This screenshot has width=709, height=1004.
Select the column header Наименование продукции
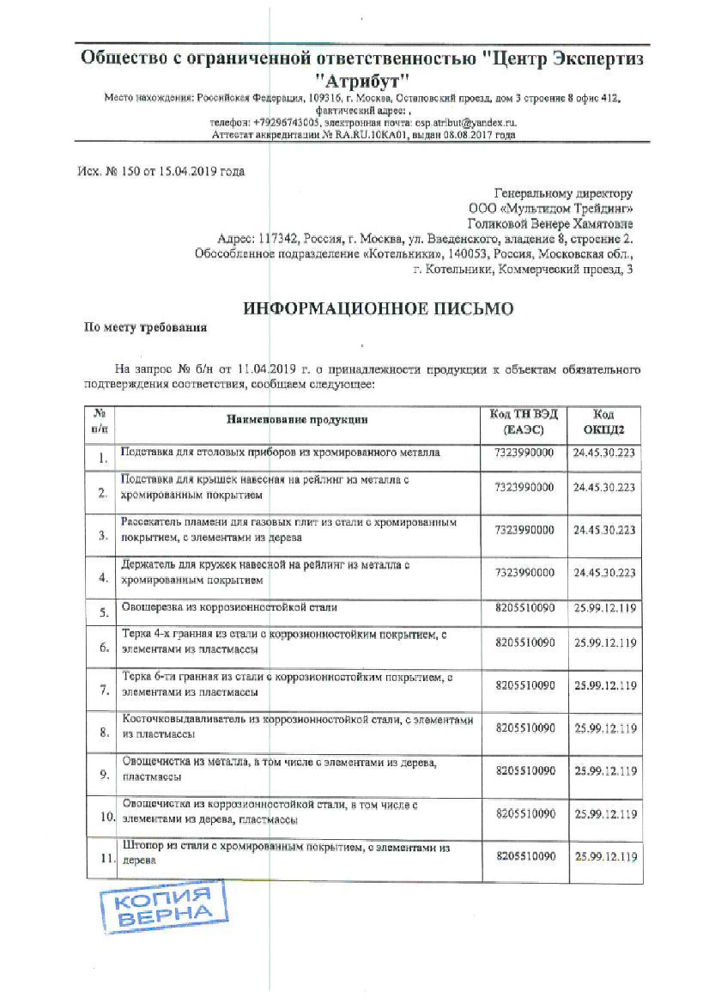coord(296,420)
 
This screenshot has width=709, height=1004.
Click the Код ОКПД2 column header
coord(603,421)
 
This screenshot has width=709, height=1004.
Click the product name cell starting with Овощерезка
coord(229,607)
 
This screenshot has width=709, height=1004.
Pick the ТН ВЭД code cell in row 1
coord(524,452)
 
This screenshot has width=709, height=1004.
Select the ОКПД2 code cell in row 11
coord(605,856)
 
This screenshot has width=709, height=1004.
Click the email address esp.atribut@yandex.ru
coord(464,123)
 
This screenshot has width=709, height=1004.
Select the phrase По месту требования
coord(144,327)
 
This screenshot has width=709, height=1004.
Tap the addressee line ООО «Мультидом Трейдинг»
coord(550,208)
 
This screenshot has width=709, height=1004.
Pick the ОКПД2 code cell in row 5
coord(605,608)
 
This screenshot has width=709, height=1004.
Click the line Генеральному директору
coord(563,193)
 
